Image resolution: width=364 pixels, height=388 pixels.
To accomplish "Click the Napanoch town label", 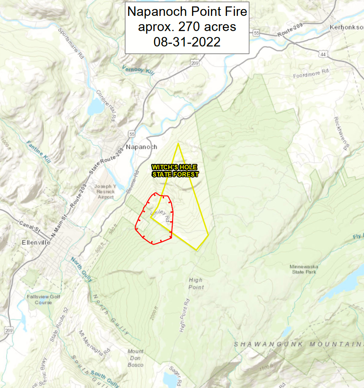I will [141, 147].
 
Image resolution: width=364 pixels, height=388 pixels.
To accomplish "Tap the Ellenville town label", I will [36, 242].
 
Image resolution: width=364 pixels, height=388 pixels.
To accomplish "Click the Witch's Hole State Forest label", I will [175, 171].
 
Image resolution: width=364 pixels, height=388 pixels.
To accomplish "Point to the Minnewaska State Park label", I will [304, 269].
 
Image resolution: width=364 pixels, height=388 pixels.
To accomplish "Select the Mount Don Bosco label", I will [135, 358].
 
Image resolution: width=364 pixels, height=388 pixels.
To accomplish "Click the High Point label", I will [196, 283].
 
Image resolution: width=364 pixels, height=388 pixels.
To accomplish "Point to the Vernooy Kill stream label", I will [138, 70].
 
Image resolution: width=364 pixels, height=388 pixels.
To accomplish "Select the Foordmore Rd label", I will [312, 74].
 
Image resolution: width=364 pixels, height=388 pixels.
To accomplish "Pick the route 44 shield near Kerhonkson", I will [323, 55].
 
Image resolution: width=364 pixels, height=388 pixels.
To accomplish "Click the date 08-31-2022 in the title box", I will [187, 42].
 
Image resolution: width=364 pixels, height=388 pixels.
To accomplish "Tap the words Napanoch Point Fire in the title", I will [187, 12].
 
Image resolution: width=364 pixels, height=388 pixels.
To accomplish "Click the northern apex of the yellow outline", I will [178, 144].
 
